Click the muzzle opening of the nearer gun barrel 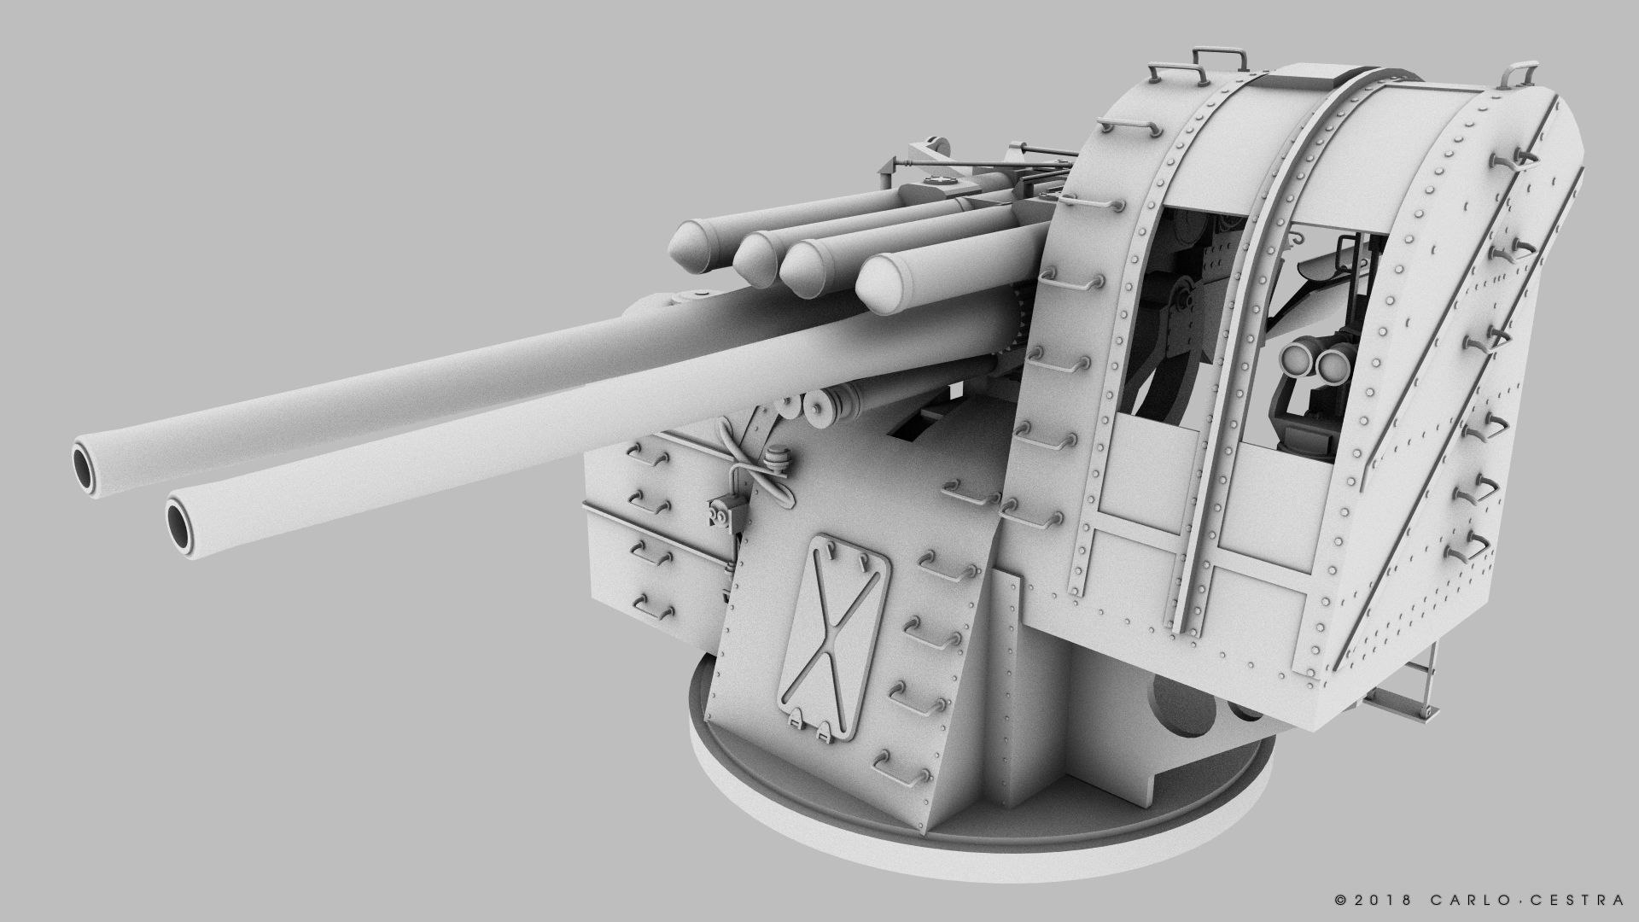pos(180,522)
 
